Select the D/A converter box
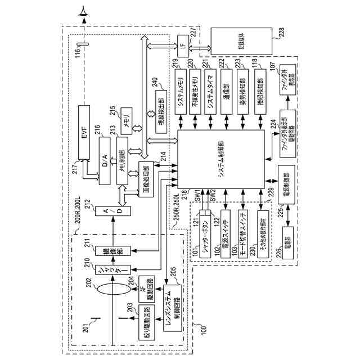105,161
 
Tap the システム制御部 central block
221,159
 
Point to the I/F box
182,42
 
